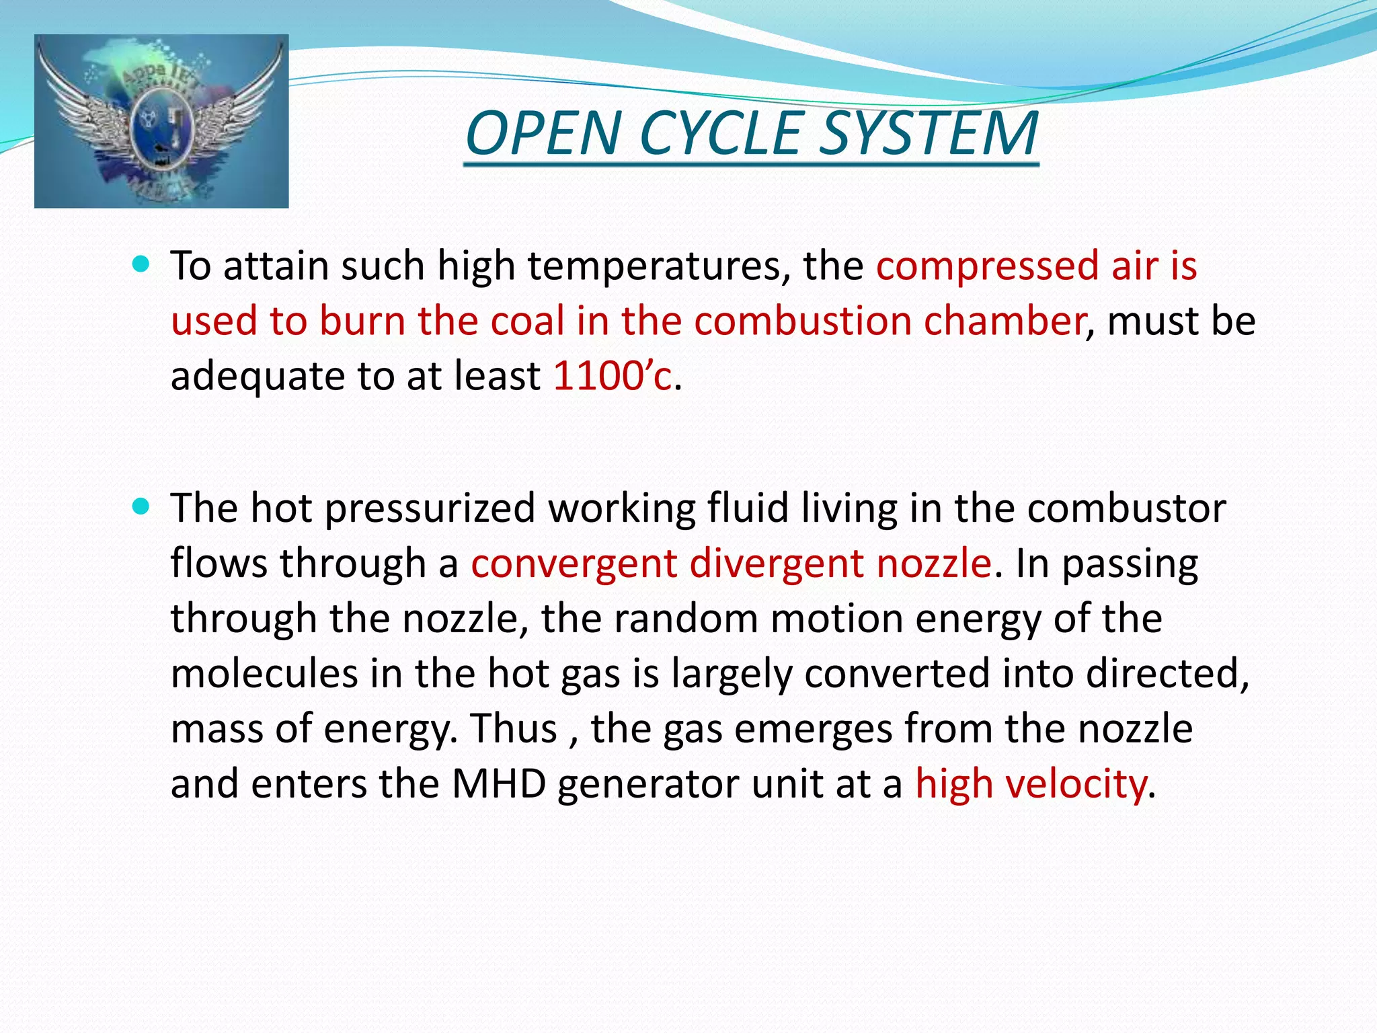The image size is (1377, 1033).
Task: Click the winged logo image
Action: (161, 121)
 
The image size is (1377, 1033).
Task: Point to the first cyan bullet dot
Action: (141, 264)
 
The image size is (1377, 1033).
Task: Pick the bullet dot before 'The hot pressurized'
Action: (141, 506)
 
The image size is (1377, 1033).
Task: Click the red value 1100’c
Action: (612, 376)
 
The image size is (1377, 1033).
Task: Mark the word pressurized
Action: (430, 508)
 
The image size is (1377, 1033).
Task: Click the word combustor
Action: (1126, 508)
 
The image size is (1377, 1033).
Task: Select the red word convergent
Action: (574, 564)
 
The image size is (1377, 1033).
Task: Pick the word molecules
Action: (264, 674)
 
